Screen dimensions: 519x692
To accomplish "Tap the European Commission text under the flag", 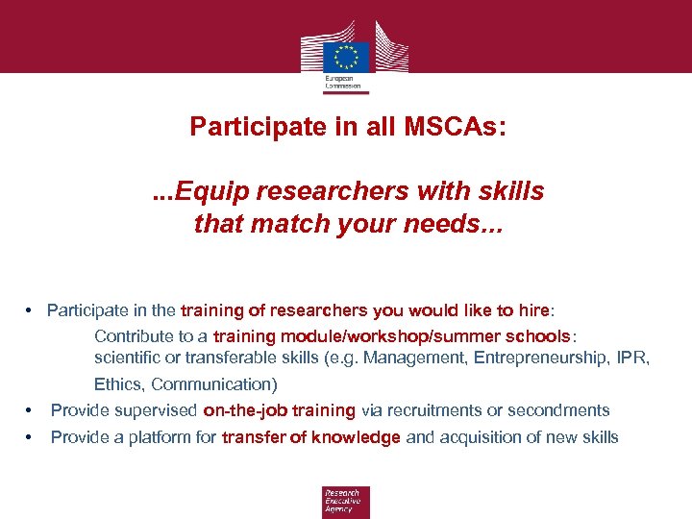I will (x=344, y=81).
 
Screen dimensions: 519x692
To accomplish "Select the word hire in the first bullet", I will (x=531, y=310).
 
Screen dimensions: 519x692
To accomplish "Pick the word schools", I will (x=539, y=336).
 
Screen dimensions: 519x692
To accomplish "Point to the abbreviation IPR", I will (x=635, y=358).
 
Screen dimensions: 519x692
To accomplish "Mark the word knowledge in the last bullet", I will (x=358, y=437).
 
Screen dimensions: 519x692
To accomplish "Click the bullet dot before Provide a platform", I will (x=31, y=437).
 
